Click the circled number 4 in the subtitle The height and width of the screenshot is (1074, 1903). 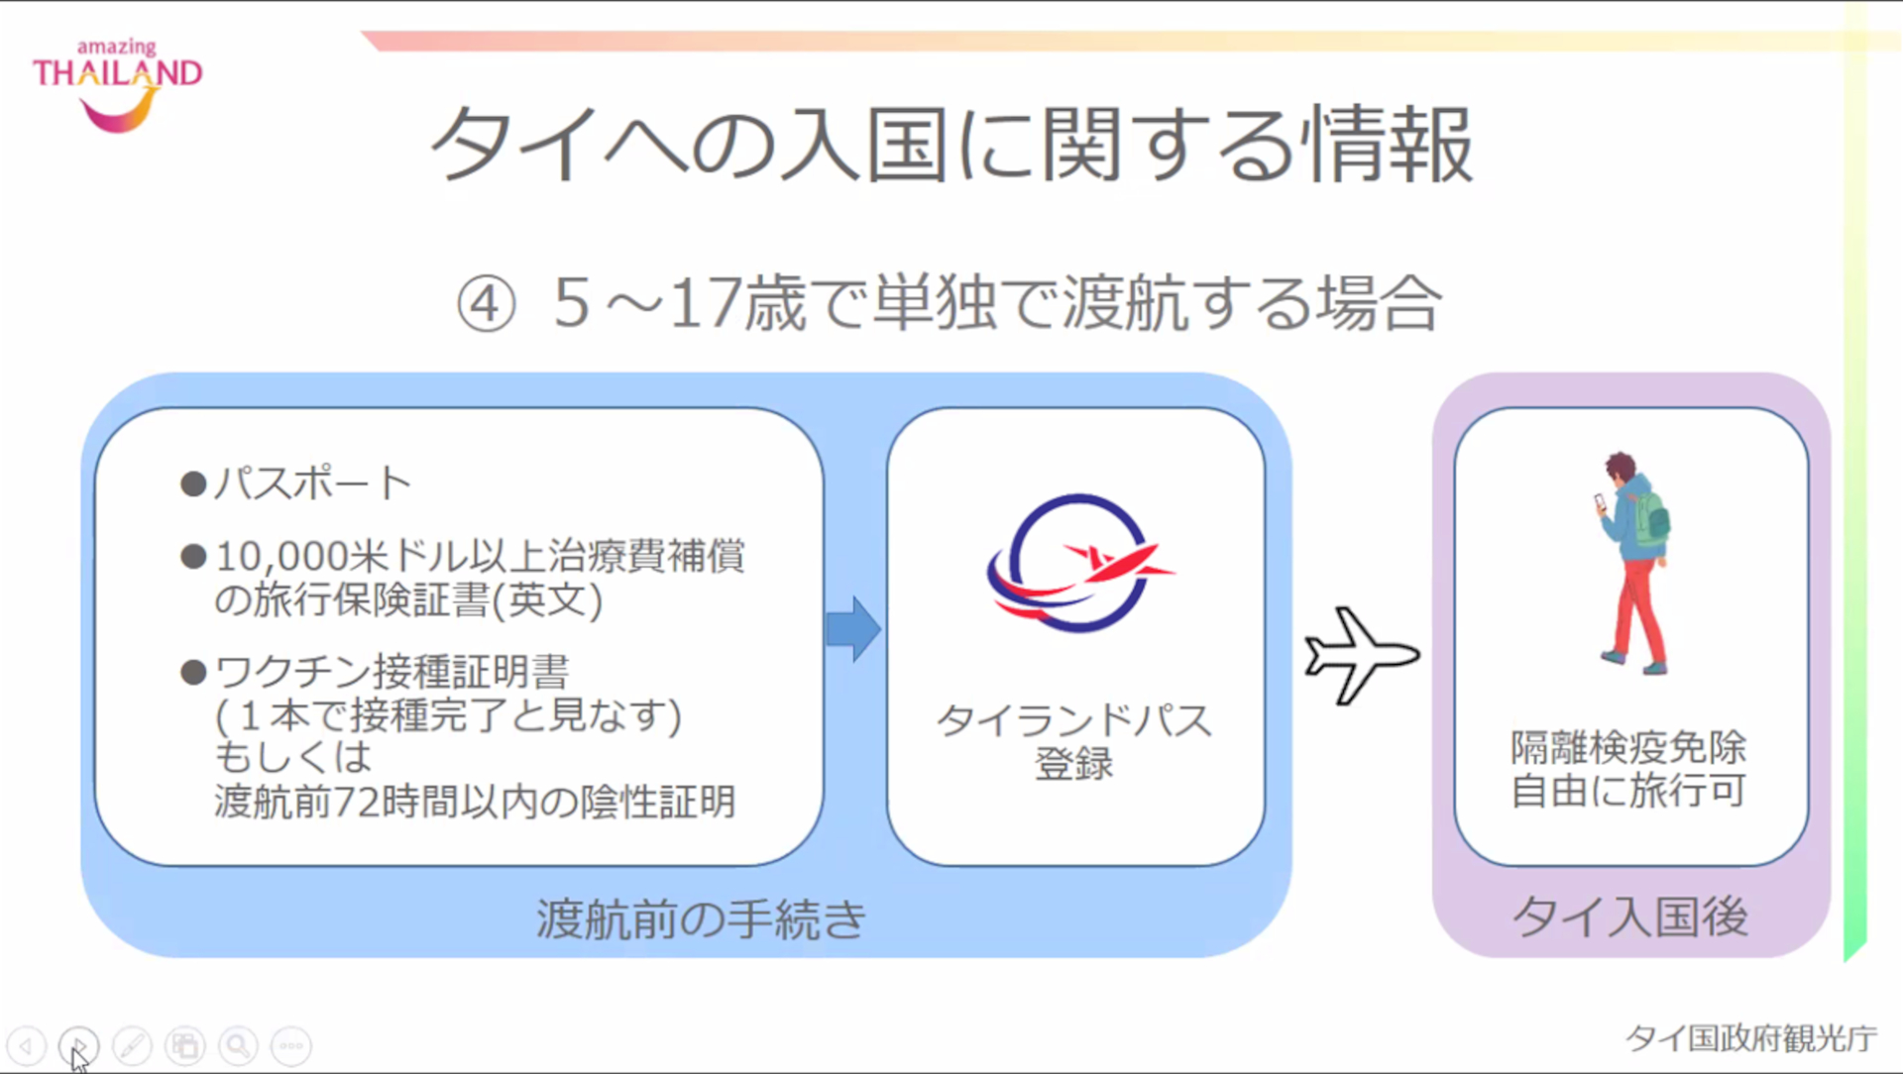click(x=486, y=303)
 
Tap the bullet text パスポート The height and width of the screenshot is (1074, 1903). click(x=312, y=483)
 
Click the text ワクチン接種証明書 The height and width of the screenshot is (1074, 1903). click(x=392, y=672)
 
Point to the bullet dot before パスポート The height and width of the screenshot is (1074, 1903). click(x=193, y=484)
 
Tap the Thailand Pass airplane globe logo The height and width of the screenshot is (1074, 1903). click(x=1076, y=563)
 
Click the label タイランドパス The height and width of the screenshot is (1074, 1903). click(x=1074, y=720)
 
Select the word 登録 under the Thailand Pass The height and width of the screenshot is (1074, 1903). click(x=1074, y=765)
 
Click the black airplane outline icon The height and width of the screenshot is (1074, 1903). click(x=1361, y=655)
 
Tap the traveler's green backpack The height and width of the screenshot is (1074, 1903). click(x=1651, y=518)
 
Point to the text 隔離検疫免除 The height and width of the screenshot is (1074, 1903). click(x=1628, y=747)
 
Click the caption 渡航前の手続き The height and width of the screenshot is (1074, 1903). click(x=701, y=918)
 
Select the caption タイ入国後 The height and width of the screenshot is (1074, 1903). click(x=1630, y=916)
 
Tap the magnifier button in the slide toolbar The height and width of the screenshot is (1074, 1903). click(x=238, y=1045)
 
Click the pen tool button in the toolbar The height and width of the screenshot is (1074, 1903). click(x=132, y=1045)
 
